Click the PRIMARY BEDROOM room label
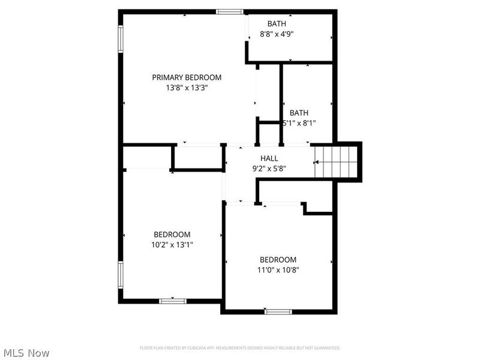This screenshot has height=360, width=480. pyautogui.click(x=187, y=77)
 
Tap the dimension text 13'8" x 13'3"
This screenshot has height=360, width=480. pyautogui.click(x=187, y=88)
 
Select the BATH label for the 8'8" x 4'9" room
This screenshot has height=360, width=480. pyautogui.click(x=277, y=23)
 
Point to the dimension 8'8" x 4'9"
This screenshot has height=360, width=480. pyautogui.click(x=277, y=34)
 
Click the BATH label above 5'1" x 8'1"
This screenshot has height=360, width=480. pyautogui.click(x=299, y=113)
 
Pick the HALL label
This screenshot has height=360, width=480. pyautogui.click(x=269, y=158)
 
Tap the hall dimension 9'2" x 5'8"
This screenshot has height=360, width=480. pyautogui.click(x=269, y=169)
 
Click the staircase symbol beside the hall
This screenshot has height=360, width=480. pyautogui.click(x=337, y=162)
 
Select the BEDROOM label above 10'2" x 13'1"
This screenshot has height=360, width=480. pyautogui.click(x=172, y=235)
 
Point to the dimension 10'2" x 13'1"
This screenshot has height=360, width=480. pyautogui.click(x=172, y=245)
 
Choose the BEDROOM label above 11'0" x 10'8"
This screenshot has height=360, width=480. pyautogui.click(x=278, y=260)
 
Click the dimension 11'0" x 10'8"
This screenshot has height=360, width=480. pyautogui.click(x=278, y=270)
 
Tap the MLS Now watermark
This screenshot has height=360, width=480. pyautogui.click(x=27, y=353)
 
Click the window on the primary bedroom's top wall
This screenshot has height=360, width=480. pyautogui.click(x=230, y=11)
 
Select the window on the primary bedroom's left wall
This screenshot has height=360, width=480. pyautogui.click(x=121, y=39)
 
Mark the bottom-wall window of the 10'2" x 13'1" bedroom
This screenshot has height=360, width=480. pyautogui.click(x=172, y=301)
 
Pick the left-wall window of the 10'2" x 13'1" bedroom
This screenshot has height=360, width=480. pyautogui.click(x=121, y=275)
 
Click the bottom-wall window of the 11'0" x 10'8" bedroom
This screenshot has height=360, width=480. pyautogui.click(x=278, y=311)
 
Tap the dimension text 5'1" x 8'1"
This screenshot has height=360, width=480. pyautogui.click(x=299, y=123)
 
